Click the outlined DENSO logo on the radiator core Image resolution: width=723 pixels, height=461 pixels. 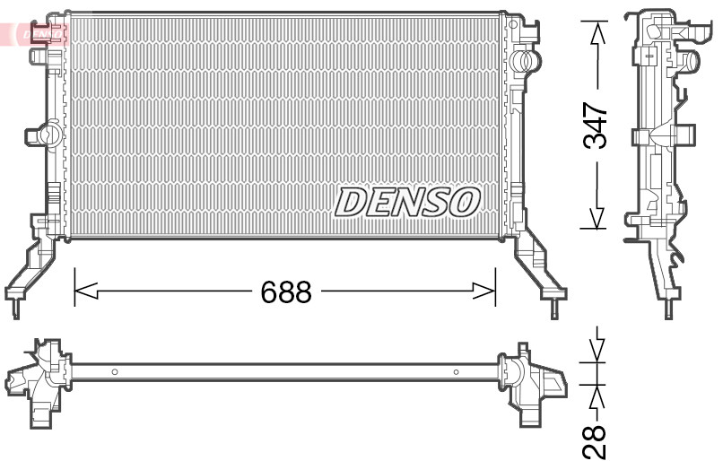[407, 202]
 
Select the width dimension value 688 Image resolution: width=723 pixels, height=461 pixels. [285, 291]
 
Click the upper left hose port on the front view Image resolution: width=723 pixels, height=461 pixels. [40, 56]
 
